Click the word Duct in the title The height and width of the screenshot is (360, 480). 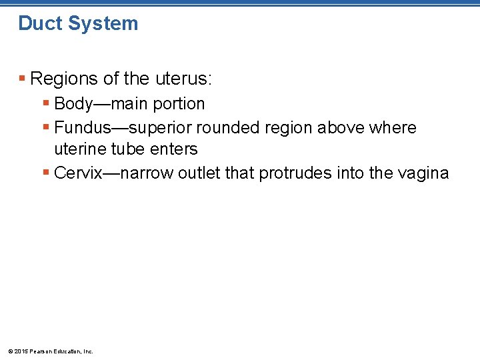pos(39,23)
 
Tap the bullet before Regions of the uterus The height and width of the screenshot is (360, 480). pos(22,79)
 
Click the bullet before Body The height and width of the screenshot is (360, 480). pos(45,104)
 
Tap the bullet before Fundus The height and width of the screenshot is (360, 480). pos(45,127)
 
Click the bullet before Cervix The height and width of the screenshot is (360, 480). pos(45,173)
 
